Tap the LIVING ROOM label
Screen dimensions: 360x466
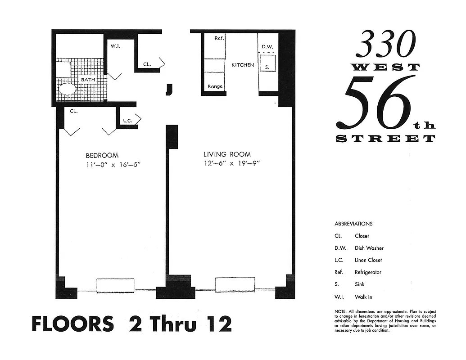pos(227,154)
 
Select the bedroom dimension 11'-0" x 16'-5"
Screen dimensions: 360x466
pos(113,164)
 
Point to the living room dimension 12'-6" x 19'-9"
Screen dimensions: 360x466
pos(232,163)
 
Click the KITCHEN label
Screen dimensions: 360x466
pos(243,65)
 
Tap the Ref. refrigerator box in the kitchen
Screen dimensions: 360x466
pos(214,45)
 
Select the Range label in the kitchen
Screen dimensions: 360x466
pos(215,86)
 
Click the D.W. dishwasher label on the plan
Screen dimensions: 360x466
pos(267,47)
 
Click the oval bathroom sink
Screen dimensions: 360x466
pos(68,89)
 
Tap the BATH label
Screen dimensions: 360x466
pos(88,80)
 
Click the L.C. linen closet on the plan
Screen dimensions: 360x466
pos(127,121)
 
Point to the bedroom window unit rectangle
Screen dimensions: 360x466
pos(115,285)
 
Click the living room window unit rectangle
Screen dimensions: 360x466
pos(235,285)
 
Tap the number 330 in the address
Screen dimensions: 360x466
pos(386,45)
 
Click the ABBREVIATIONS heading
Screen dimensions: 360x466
pos(353,224)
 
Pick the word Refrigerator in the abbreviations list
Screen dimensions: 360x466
pos(368,272)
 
